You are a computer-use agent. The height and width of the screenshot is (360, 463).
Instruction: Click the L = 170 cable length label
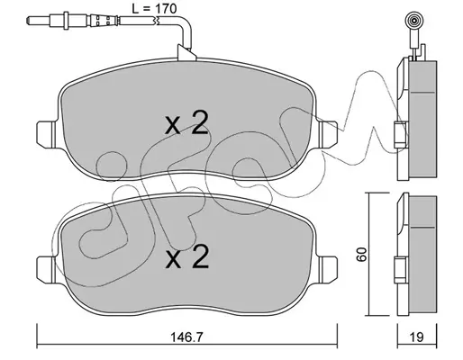pos(154,9)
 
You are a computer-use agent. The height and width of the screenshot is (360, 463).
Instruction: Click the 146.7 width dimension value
pos(186,337)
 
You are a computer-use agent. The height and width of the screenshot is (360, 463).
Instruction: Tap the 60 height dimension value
pos(363,255)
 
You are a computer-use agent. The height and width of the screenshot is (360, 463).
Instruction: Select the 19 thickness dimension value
pos(417,337)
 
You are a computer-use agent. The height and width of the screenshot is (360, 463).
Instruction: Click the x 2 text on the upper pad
pos(186,122)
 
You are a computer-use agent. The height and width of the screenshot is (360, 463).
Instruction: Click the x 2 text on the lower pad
pos(187,256)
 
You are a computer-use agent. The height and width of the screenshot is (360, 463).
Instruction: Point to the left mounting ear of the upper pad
pos(46,134)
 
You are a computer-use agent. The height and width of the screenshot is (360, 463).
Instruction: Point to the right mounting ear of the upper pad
pos(328,134)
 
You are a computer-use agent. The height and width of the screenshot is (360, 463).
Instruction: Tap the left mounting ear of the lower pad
pos(46,269)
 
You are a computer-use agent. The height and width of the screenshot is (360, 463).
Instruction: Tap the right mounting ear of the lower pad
pos(328,269)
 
